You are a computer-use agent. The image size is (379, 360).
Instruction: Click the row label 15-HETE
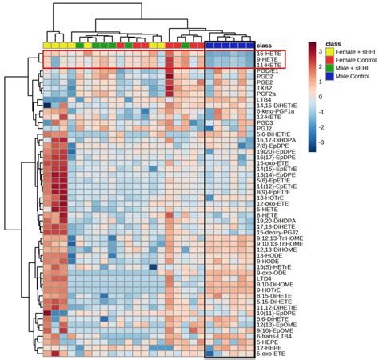tap(268, 52)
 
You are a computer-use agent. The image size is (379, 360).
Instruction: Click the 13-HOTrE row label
tap(271, 203)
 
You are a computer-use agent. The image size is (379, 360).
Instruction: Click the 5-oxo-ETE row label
tap(271, 353)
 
